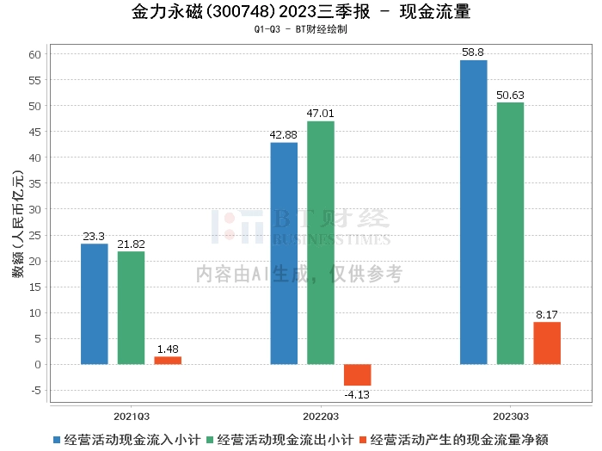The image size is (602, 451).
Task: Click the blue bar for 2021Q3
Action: click(95, 304)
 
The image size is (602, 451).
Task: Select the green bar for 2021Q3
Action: click(131, 307)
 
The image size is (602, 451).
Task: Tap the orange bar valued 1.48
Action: click(168, 360)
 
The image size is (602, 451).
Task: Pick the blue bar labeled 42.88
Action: click(284, 253)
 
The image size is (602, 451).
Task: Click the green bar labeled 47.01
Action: click(321, 243)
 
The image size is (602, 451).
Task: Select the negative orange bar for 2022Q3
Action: click(358, 374)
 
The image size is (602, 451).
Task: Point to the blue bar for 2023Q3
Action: click(473, 212)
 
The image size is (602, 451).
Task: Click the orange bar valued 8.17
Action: click(547, 343)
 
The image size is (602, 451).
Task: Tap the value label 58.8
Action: click(473, 53)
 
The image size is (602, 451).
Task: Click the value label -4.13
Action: click(358, 394)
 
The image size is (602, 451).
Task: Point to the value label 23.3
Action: click(95, 236)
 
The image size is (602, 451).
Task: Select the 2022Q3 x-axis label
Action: click(321, 414)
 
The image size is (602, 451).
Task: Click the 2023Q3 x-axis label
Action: click(510, 414)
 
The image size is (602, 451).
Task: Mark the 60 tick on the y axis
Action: click(35, 54)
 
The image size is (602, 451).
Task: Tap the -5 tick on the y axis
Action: click(35, 390)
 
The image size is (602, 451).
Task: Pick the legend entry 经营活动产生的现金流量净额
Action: click(455, 439)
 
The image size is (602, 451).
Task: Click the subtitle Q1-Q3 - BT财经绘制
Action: click(301, 29)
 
